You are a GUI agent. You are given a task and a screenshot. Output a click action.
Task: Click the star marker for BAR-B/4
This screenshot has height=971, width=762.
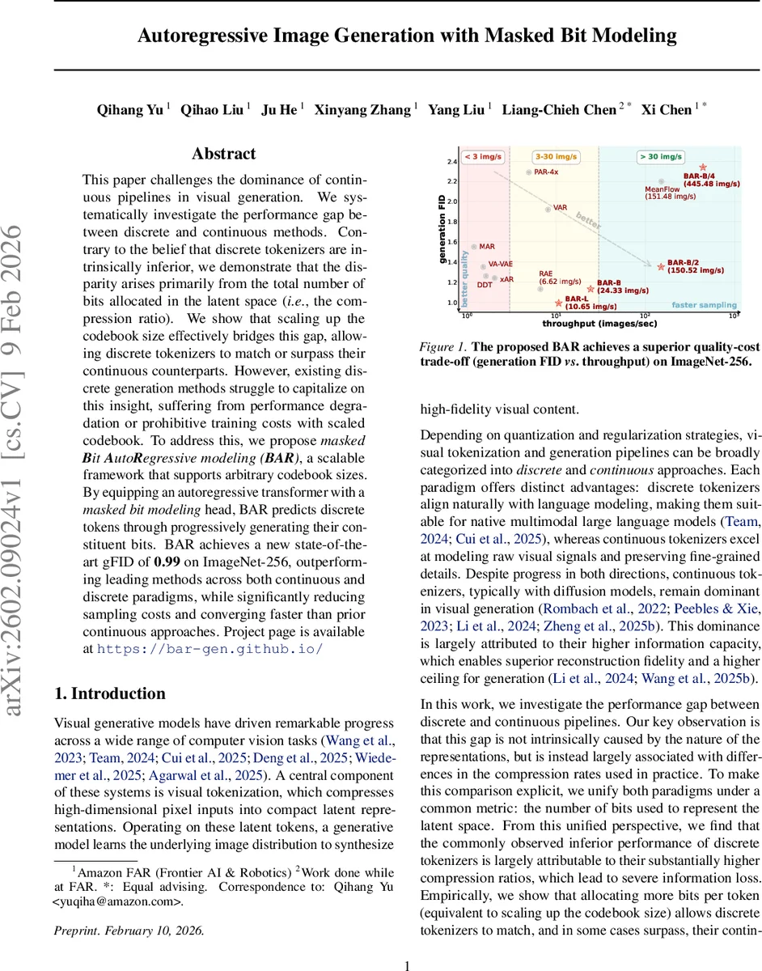click(703, 166)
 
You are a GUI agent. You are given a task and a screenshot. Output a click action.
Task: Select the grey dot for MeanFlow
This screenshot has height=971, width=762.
click(661, 181)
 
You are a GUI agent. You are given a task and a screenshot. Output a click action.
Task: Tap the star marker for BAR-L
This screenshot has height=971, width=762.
click(558, 303)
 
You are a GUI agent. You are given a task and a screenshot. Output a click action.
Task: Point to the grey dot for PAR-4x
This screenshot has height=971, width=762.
click(528, 172)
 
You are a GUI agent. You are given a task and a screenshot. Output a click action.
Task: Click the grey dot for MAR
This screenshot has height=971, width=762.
click(474, 245)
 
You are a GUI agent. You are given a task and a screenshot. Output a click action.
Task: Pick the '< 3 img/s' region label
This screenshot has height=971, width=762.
click(484, 156)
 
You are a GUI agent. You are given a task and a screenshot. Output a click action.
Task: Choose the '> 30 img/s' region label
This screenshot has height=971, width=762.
click(661, 156)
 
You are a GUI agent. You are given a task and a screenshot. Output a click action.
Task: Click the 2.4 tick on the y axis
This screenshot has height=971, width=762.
click(452, 162)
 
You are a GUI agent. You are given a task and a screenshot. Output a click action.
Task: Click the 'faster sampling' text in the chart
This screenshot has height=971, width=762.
click(704, 305)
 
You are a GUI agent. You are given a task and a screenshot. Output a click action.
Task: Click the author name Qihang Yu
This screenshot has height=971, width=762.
click(130, 109)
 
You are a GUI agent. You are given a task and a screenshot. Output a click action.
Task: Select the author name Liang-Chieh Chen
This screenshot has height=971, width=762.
click(559, 109)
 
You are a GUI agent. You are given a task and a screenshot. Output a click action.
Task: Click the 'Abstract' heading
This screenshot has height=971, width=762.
click(223, 154)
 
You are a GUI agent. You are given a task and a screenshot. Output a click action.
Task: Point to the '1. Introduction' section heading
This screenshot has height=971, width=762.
click(109, 693)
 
